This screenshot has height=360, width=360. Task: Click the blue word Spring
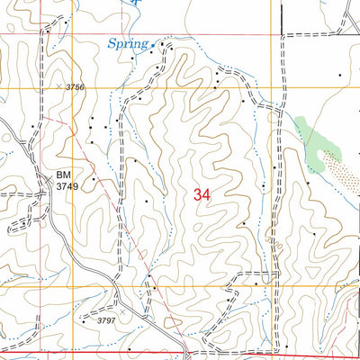(x=127, y=42)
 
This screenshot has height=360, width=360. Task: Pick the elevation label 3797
(x=105, y=319)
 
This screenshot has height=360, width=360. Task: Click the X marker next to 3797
(x=85, y=319)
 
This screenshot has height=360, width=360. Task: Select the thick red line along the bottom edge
(x=270, y=353)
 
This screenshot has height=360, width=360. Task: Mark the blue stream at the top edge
(x=135, y=4)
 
